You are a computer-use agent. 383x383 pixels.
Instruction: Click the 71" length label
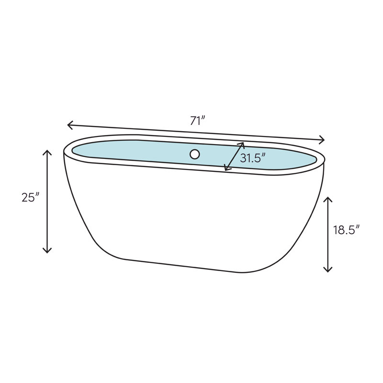coord(197,121)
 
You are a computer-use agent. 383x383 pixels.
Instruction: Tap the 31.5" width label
coord(252,158)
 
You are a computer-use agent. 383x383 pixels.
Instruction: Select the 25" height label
coord(30,198)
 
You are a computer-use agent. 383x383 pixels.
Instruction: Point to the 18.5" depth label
coord(346,230)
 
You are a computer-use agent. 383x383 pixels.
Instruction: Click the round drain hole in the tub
coord(194,154)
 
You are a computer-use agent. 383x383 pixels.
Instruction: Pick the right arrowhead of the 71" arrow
coord(324,140)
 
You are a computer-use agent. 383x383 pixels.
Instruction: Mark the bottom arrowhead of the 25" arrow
coord(47,251)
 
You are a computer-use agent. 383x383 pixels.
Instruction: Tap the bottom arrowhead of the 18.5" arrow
coord(328,270)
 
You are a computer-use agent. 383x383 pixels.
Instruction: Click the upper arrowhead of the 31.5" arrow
coord(243,143)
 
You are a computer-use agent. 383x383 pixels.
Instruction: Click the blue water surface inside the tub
coord(144,151)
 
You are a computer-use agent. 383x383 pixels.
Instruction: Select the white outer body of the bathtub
coord(191,215)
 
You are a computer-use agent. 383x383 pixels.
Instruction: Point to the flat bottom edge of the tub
coord(182,266)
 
